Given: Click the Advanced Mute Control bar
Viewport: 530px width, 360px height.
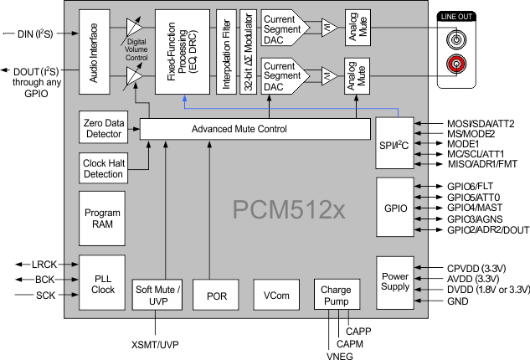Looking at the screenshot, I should point(255,129).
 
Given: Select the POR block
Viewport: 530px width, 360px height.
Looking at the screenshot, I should point(216,296).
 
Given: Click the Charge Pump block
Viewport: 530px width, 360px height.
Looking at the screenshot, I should point(335,296).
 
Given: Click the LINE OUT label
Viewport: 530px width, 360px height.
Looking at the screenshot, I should point(456,18).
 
